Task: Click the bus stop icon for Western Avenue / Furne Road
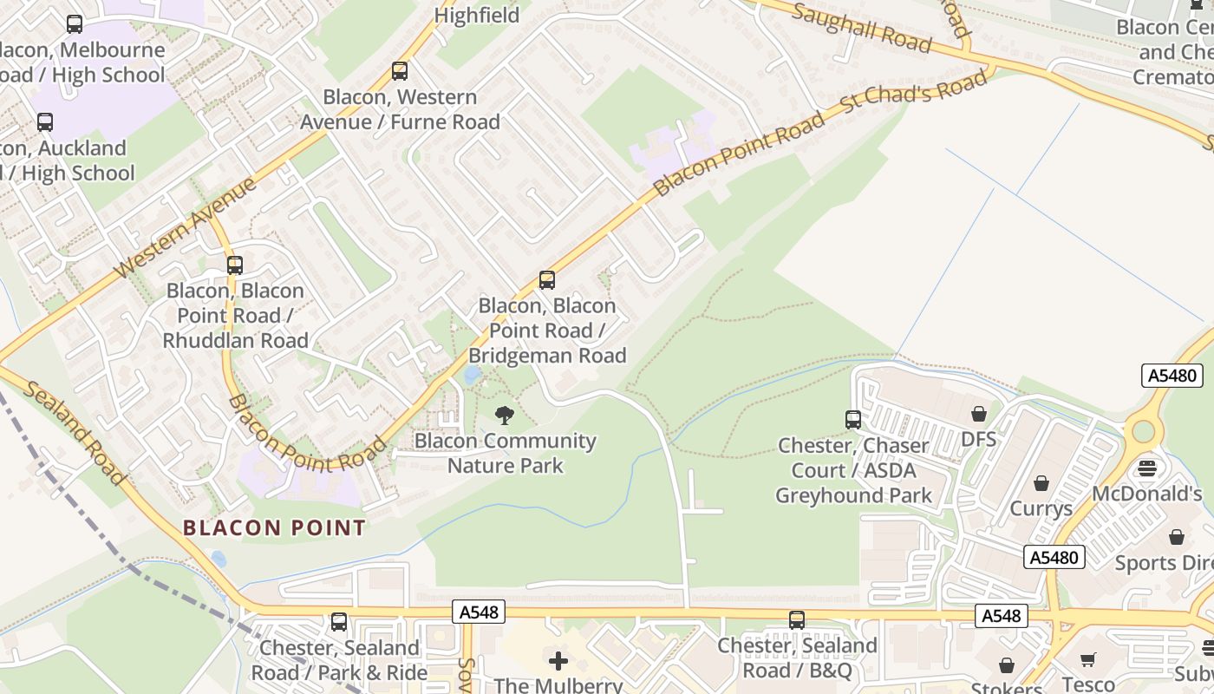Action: pyautogui.click(x=400, y=71)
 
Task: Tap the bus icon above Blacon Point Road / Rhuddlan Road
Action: pyautogui.click(x=235, y=265)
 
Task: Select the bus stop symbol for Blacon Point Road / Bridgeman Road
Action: pyautogui.click(x=547, y=280)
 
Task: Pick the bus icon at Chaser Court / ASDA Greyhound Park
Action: pyautogui.click(x=853, y=420)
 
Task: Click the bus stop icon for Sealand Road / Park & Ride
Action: pyautogui.click(x=339, y=622)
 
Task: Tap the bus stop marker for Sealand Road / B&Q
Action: pyautogui.click(x=797, y=620)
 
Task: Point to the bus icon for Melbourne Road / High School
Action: pyautogui.click(x=75, y=24)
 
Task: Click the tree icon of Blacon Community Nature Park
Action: pyautogui.click(x=504, y=416)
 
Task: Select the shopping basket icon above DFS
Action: pyautogui.click(x=979, y=414)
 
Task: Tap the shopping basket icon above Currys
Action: pyautogui.click(x=1041, y=482)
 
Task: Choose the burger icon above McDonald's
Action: pyautogui.click(x=1147, y=468)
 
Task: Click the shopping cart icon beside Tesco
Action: pyautogui.click(x=1088, y=660)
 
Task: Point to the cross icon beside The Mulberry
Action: pyautogui.click(x=558, y=662)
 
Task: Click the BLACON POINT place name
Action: pyautogui.click(x=274, y=527)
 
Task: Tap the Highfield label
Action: pyautogui.click(x=477, y=16)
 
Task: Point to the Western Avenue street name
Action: pyautogui.click(x=186, y=228)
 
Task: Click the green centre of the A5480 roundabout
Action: pyautogui.click(x=1144, y=430)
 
